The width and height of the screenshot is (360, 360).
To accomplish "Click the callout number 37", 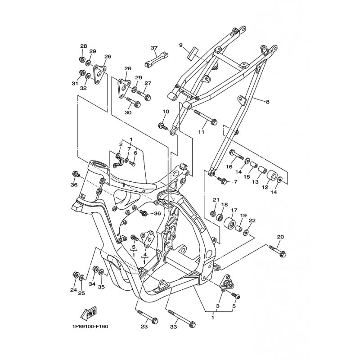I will coord(154,48).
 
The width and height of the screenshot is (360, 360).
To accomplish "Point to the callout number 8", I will coord(267,102).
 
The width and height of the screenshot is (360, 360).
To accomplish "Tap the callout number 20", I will coord(280,237).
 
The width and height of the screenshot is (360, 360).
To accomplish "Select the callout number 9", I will coord(180,45).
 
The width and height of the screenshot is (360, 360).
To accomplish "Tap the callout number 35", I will coord(101,287).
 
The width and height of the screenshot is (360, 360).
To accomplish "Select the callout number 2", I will coord(121,145).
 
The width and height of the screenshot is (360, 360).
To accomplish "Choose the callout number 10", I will coord(166,112).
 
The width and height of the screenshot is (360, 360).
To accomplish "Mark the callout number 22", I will coord(252,220).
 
